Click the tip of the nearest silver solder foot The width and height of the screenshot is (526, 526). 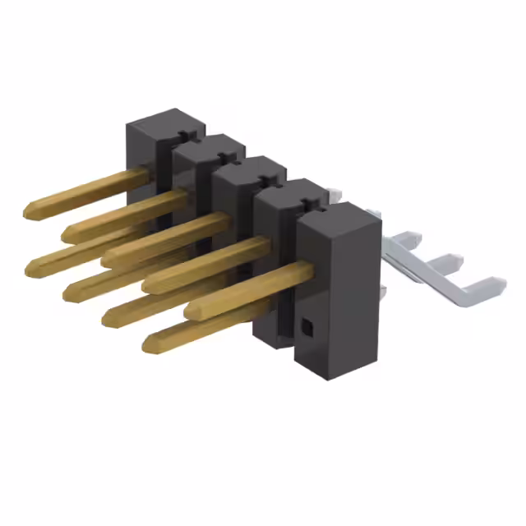496,287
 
